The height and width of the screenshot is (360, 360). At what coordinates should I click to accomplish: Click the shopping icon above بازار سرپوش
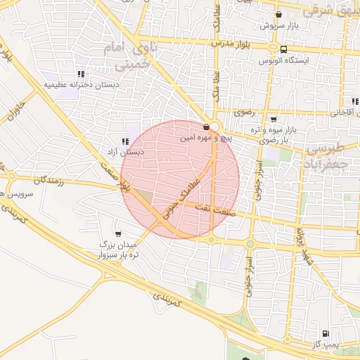click(279, 14)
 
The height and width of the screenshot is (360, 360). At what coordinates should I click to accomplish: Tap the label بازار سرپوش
click(276, 25)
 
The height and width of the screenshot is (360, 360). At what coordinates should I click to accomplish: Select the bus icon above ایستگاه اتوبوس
click(283, 49)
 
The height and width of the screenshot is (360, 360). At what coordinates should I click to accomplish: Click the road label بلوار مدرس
click(232, 44)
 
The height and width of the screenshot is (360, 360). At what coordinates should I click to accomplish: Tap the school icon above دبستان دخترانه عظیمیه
click(82, 73)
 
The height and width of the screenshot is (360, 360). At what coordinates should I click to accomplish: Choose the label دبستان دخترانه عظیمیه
click(82, 84)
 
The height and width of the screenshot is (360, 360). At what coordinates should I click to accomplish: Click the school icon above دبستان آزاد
click(125, 141)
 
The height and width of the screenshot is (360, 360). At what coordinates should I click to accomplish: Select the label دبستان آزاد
click(126, 151)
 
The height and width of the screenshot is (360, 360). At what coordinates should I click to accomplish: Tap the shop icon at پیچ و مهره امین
click(205, 127)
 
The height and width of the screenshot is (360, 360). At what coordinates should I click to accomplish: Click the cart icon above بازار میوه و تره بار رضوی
click(274, 119)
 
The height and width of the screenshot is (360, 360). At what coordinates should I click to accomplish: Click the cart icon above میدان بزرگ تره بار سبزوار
click(117, 233)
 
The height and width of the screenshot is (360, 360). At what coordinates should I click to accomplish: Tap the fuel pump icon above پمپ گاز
click(325, 334)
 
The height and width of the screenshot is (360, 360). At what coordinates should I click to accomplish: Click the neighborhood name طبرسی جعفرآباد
click(333, 155)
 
